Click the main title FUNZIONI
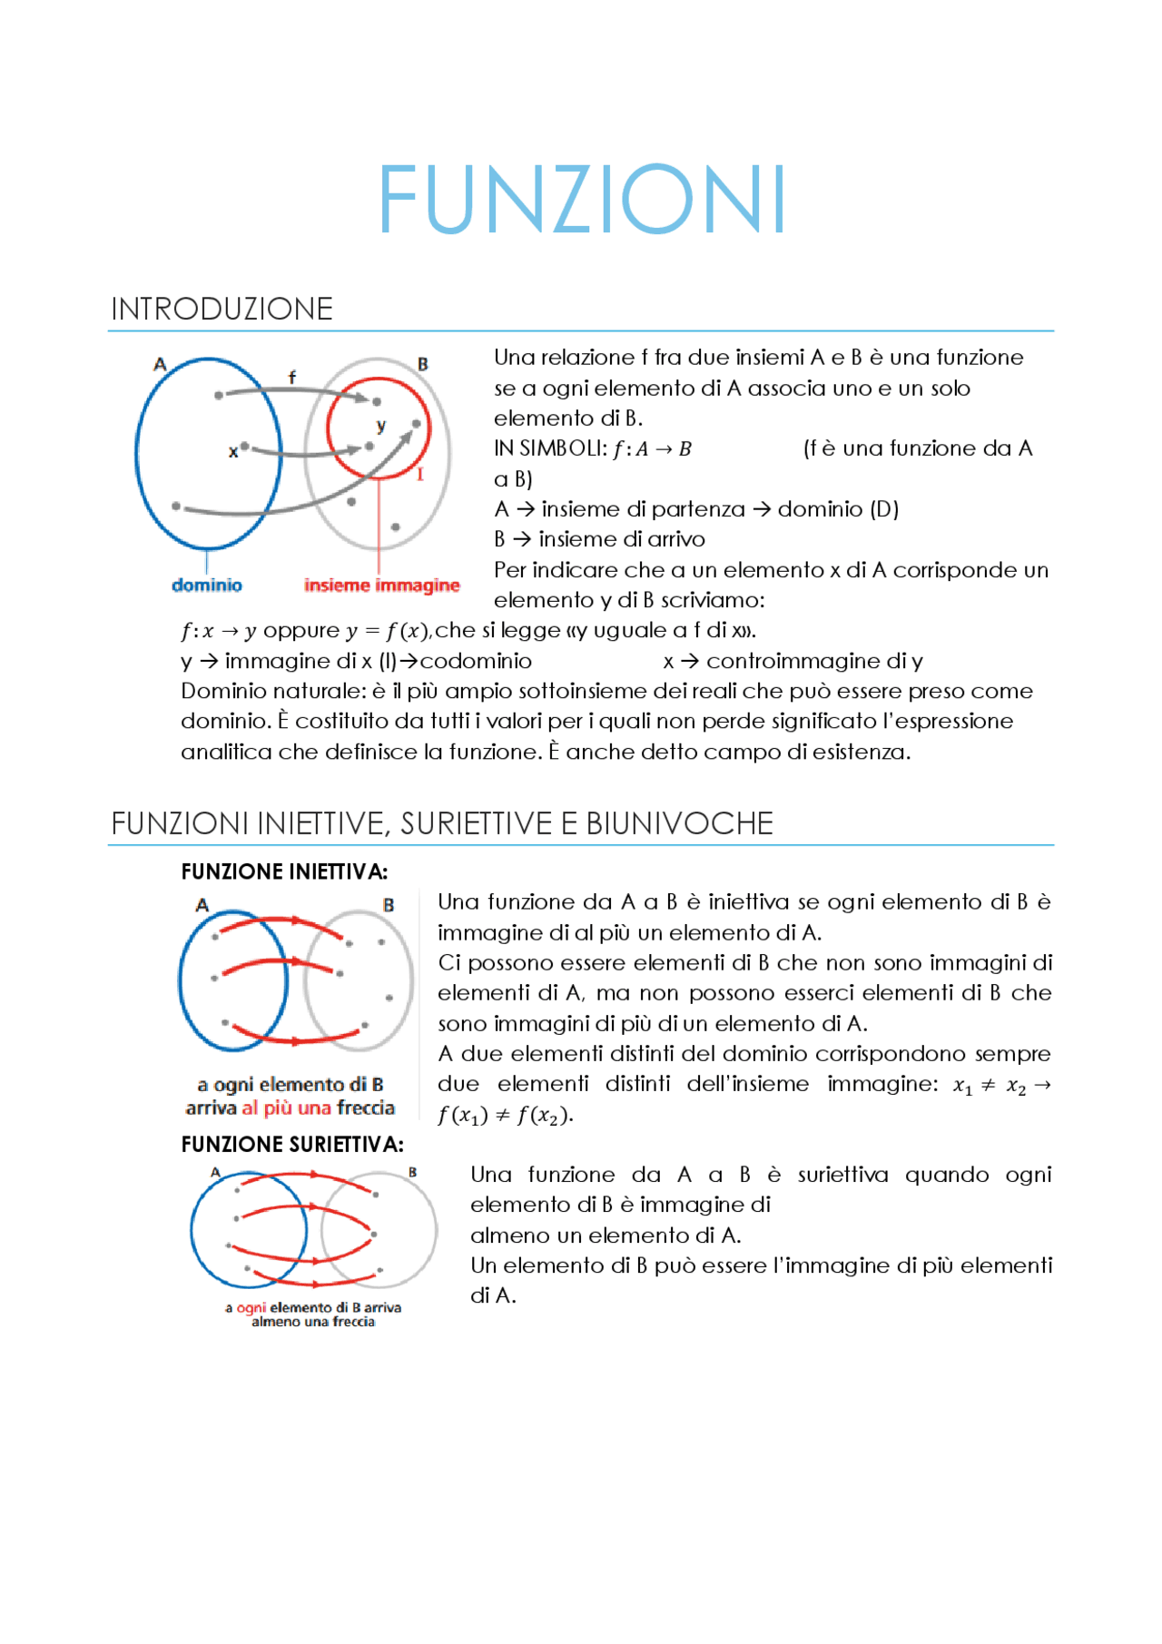coord(581,200)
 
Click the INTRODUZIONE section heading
coord(222,310)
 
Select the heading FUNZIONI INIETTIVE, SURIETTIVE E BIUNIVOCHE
coord(442,823)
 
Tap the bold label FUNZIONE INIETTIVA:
coord(284,872)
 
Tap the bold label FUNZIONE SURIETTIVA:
coord(292,1145)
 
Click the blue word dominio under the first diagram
coord(207,586)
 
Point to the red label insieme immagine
coord(381,586)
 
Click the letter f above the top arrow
coord(291,377)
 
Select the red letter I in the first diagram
coord(420,475)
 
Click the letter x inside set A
coord(232,451)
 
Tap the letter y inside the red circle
coord(381,425)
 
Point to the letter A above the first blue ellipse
coord(160,365)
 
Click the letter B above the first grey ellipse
coord(422,364)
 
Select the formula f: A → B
coord(652,449)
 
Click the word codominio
coord(476,661)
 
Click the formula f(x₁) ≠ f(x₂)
coord(504,1116)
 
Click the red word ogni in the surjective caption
coord(251,1308)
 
